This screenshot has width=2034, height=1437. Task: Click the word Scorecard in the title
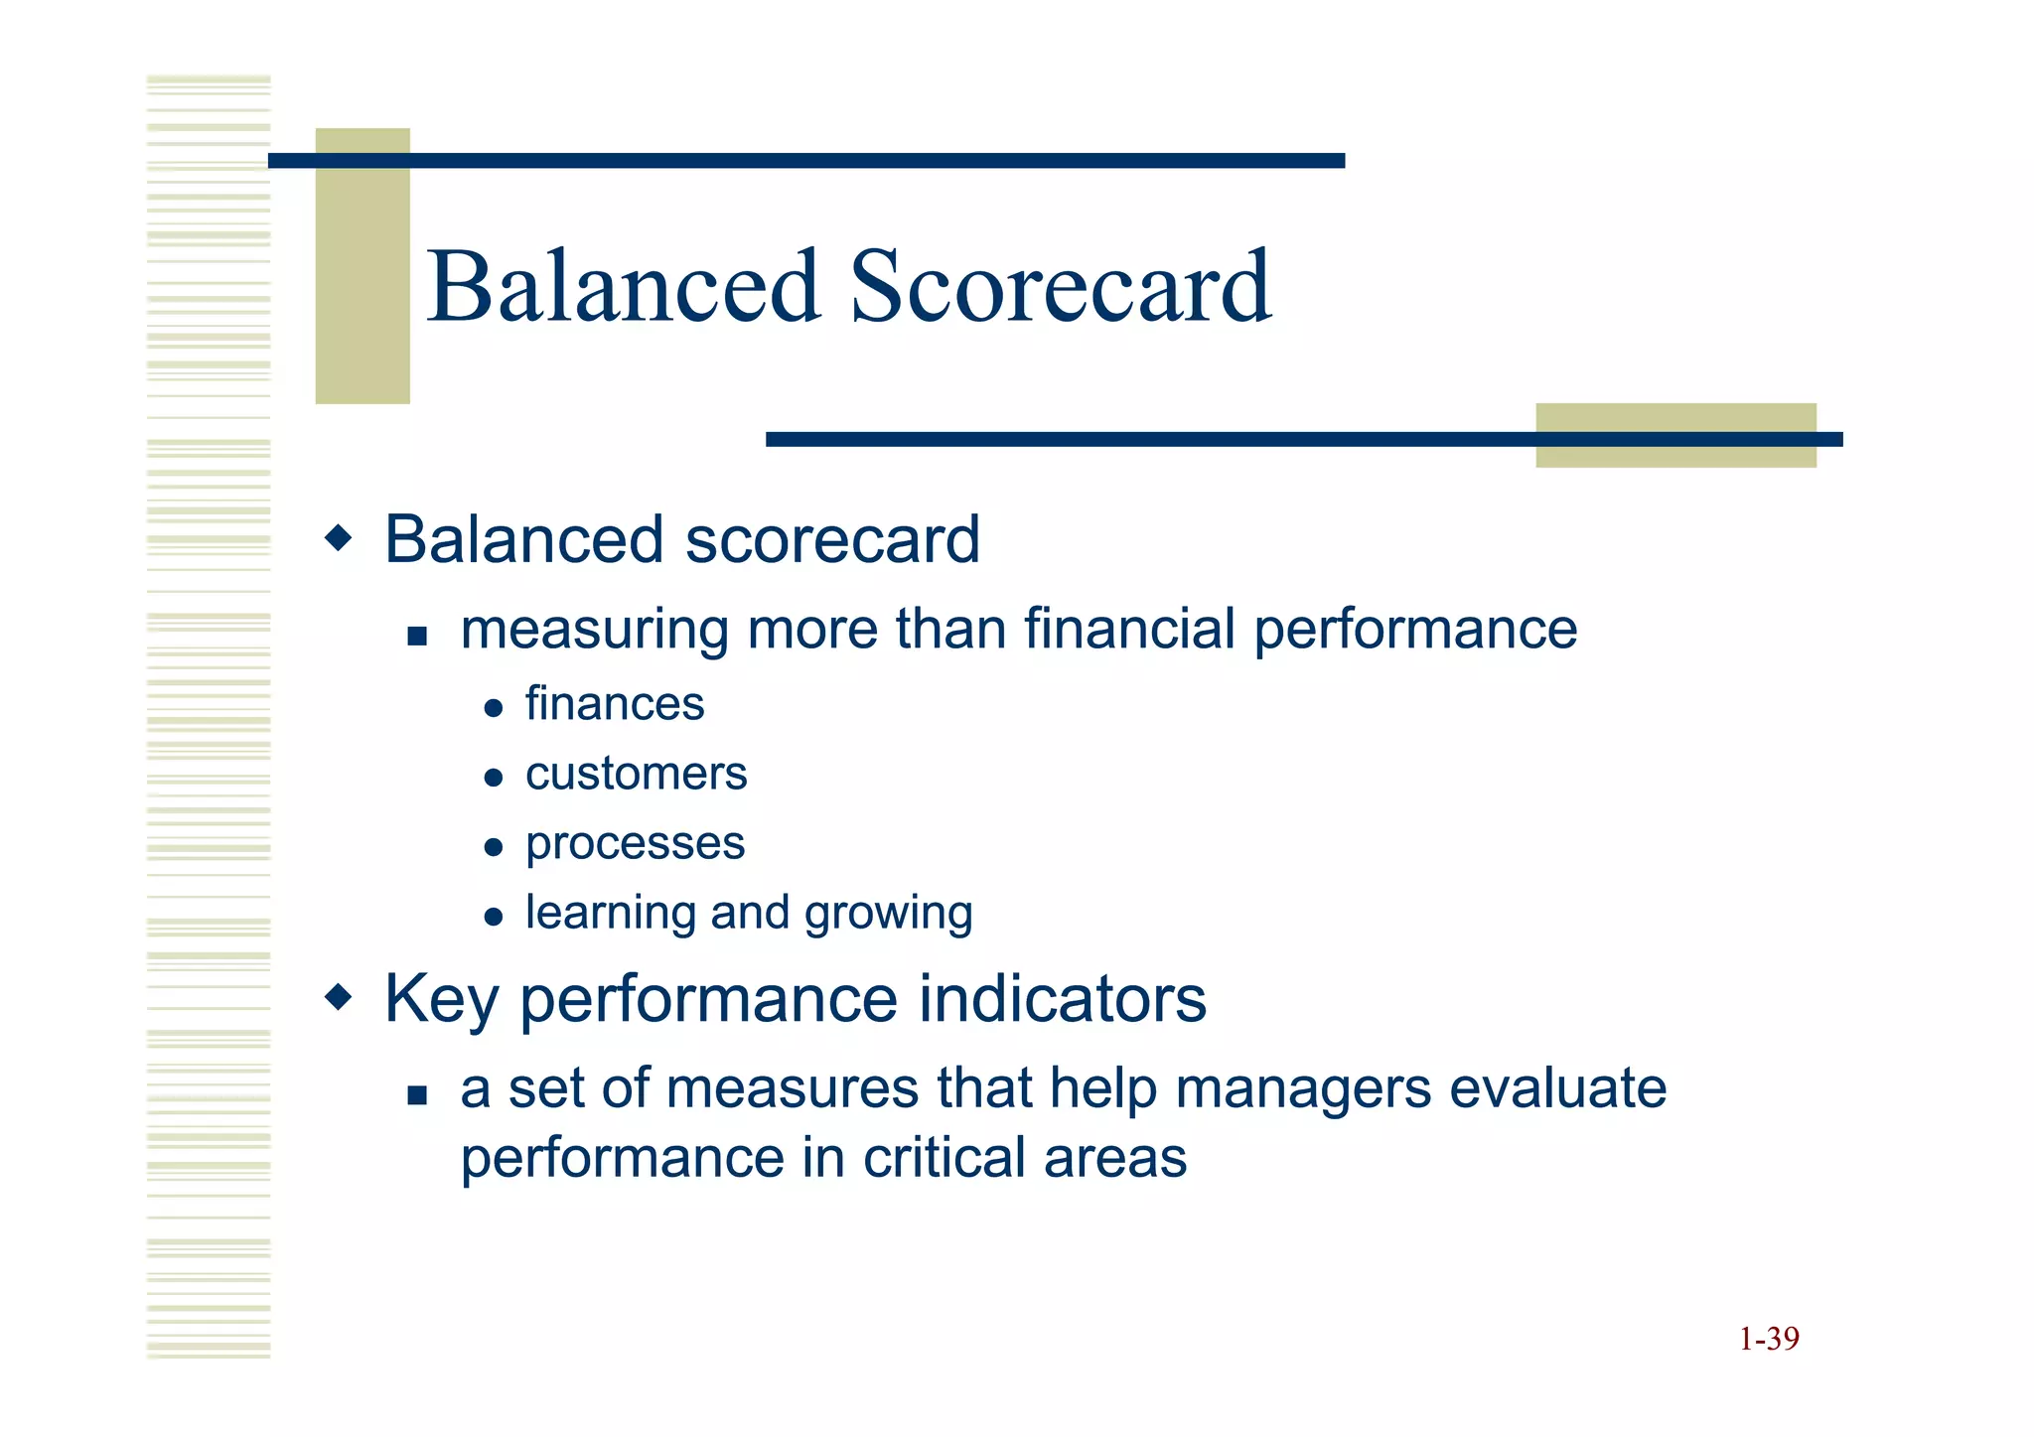(1060, 288)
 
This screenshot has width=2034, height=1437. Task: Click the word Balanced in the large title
(624, 288)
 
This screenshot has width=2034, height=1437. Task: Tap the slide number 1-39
(1768, 1339)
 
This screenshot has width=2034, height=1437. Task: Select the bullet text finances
(614, 704)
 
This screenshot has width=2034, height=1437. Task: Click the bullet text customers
(636, 774)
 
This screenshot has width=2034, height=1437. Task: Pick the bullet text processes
(635, 844)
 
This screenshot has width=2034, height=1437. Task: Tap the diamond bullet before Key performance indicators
(339, 996)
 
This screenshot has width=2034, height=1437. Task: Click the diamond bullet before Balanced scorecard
(339, 539)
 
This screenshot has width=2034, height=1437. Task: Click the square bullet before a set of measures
(417, 1095)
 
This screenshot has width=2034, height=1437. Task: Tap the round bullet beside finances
(494, 708)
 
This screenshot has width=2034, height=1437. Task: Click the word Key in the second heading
(441, 999)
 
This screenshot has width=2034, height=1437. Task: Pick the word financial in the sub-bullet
(1129, 629)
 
